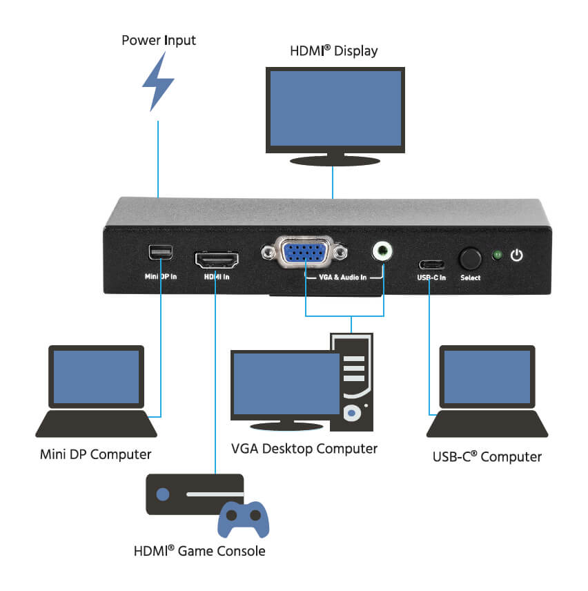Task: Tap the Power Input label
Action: point(159,40)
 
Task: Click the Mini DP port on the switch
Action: point(160,253)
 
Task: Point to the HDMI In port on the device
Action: point(217,259)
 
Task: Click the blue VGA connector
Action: point(304,253)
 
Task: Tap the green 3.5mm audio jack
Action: point(380,251)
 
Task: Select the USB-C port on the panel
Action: point(430,264)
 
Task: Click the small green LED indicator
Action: point(496,255)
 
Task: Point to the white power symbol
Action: point(516,255)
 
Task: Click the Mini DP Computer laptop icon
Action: point(96,391)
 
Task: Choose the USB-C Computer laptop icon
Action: point(487,391)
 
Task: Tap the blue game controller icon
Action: point(243,519)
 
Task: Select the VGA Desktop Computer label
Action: point(304,449)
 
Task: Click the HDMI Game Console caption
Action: point(199,551)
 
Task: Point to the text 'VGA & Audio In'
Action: point(343,277)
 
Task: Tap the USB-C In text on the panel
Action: point(431,278)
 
